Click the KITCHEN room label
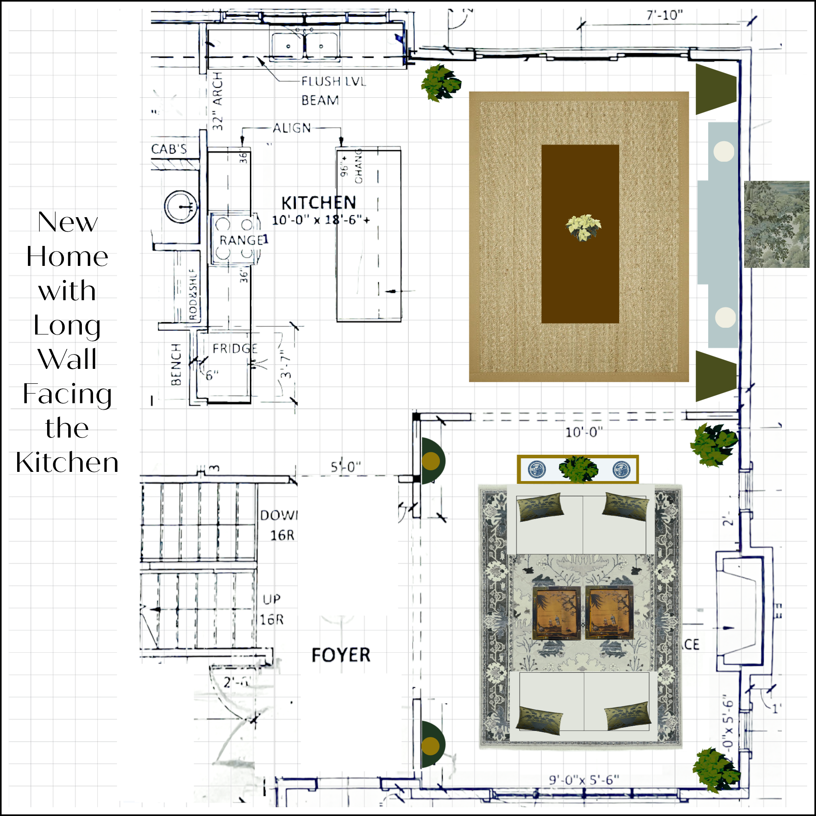319,203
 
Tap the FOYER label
341,655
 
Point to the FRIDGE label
235,349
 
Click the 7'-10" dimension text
664,15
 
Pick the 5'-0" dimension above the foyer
345,467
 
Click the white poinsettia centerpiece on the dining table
583,227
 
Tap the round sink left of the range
181,206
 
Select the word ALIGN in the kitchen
292,128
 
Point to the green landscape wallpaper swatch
776,224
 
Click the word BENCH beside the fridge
176,364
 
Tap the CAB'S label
169,149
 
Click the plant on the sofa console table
578,468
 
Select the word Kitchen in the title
67,462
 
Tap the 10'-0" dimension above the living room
584,432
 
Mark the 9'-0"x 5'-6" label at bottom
584,780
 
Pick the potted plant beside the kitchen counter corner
440,83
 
